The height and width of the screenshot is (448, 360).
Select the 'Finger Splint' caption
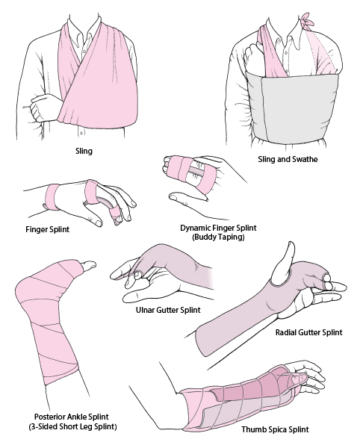pos(49,230)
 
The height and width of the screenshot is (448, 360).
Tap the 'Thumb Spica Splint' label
pos(275,430)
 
